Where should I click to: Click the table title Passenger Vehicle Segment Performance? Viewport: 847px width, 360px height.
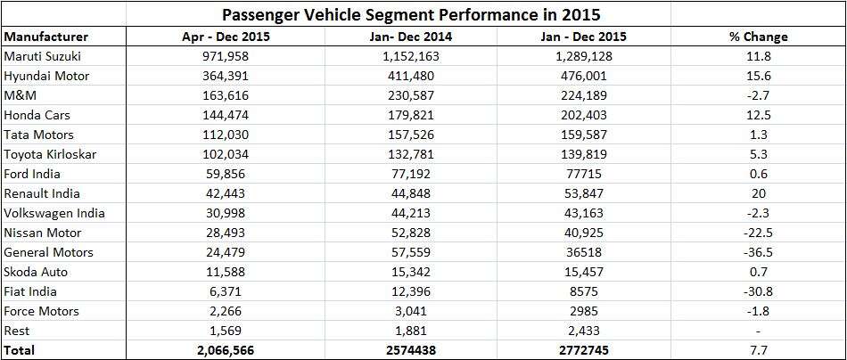pyautogui.click(x=423, y=15)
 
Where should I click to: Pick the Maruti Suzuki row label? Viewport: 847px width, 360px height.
pyautogui.click(x=41, y=56)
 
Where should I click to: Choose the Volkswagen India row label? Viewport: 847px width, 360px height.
pyautogui.click(x=54, y=213)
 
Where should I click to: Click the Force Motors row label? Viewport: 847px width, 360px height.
pyautogui.click(x=42, y=311)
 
